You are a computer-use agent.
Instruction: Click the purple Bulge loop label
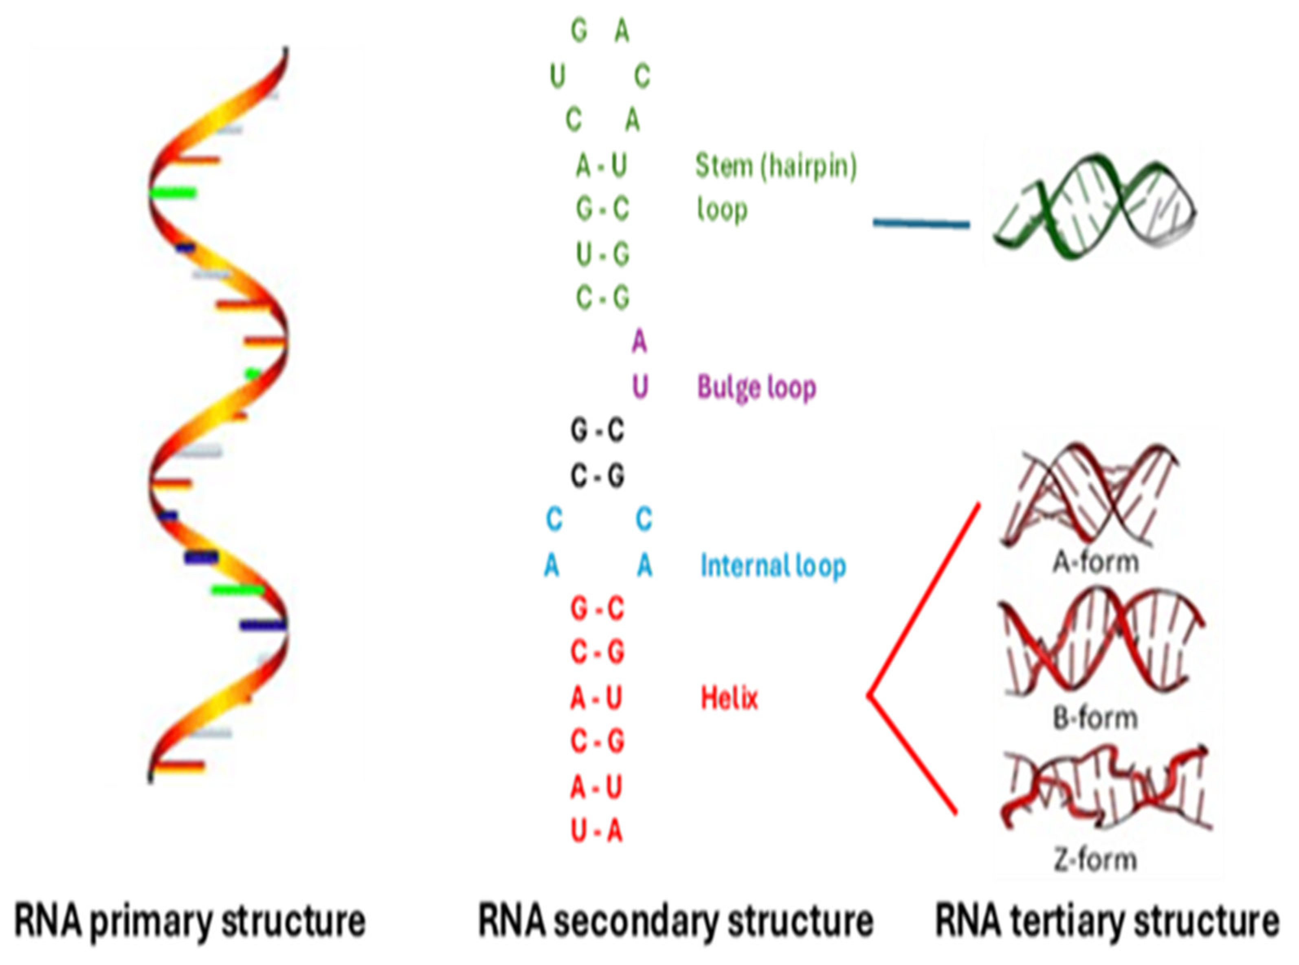(x=756, y=387)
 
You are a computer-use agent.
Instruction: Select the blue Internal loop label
(x=773, y=565)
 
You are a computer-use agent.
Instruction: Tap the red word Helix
(x=729, y=698)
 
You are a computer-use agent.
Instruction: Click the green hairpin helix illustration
(x=1095, y=208)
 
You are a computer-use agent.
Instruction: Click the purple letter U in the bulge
(x=640, y=387)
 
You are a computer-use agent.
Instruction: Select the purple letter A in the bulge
(x=639, y=342)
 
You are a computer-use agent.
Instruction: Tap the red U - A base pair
(x=596, y=831)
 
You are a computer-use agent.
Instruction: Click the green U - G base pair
(x=602, y=254)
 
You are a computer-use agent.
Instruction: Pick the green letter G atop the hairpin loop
(x=579, y=31)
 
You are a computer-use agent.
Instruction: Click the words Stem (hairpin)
(x=776, y=166)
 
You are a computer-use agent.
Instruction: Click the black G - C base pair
(x=597, y=431)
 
